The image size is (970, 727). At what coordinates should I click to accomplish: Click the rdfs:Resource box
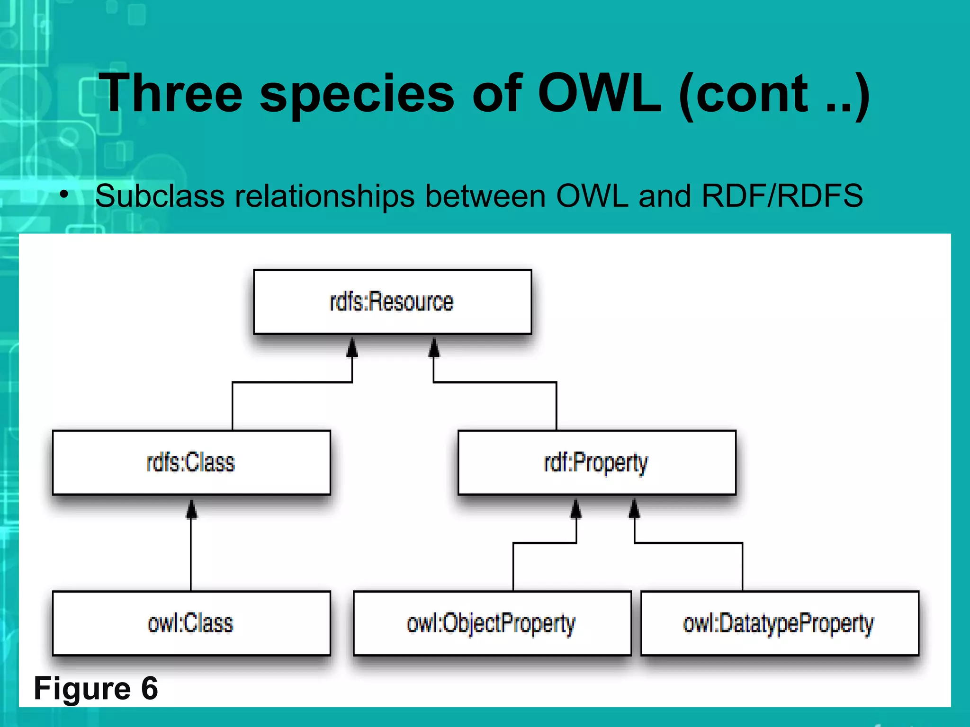tap(392, 302)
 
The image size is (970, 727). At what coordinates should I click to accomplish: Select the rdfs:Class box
tap(191, 462)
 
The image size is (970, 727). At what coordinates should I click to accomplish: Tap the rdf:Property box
tap(597, 462)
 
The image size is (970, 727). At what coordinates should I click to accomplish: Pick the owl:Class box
tap(191, 623)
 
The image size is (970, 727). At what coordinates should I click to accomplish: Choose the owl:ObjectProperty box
tap(492, 623)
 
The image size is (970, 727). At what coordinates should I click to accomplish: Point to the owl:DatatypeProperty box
tap(780, 623)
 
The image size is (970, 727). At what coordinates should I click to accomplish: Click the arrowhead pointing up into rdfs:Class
tap(191, 509)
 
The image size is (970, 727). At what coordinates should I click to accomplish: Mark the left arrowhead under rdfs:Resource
tap(352, 347)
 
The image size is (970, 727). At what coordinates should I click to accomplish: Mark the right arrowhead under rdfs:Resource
tap(434, 347)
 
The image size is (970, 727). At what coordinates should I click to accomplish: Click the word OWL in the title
tap(599, 94)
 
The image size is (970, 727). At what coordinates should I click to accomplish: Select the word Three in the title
tap(171, 94)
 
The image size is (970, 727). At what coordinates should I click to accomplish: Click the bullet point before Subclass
tap(64, 194)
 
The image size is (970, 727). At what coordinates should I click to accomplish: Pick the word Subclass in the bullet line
tap(160, 196)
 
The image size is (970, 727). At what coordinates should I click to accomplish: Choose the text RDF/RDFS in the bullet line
tap(782, 196)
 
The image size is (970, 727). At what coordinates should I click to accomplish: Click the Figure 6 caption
tap(96, 688)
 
